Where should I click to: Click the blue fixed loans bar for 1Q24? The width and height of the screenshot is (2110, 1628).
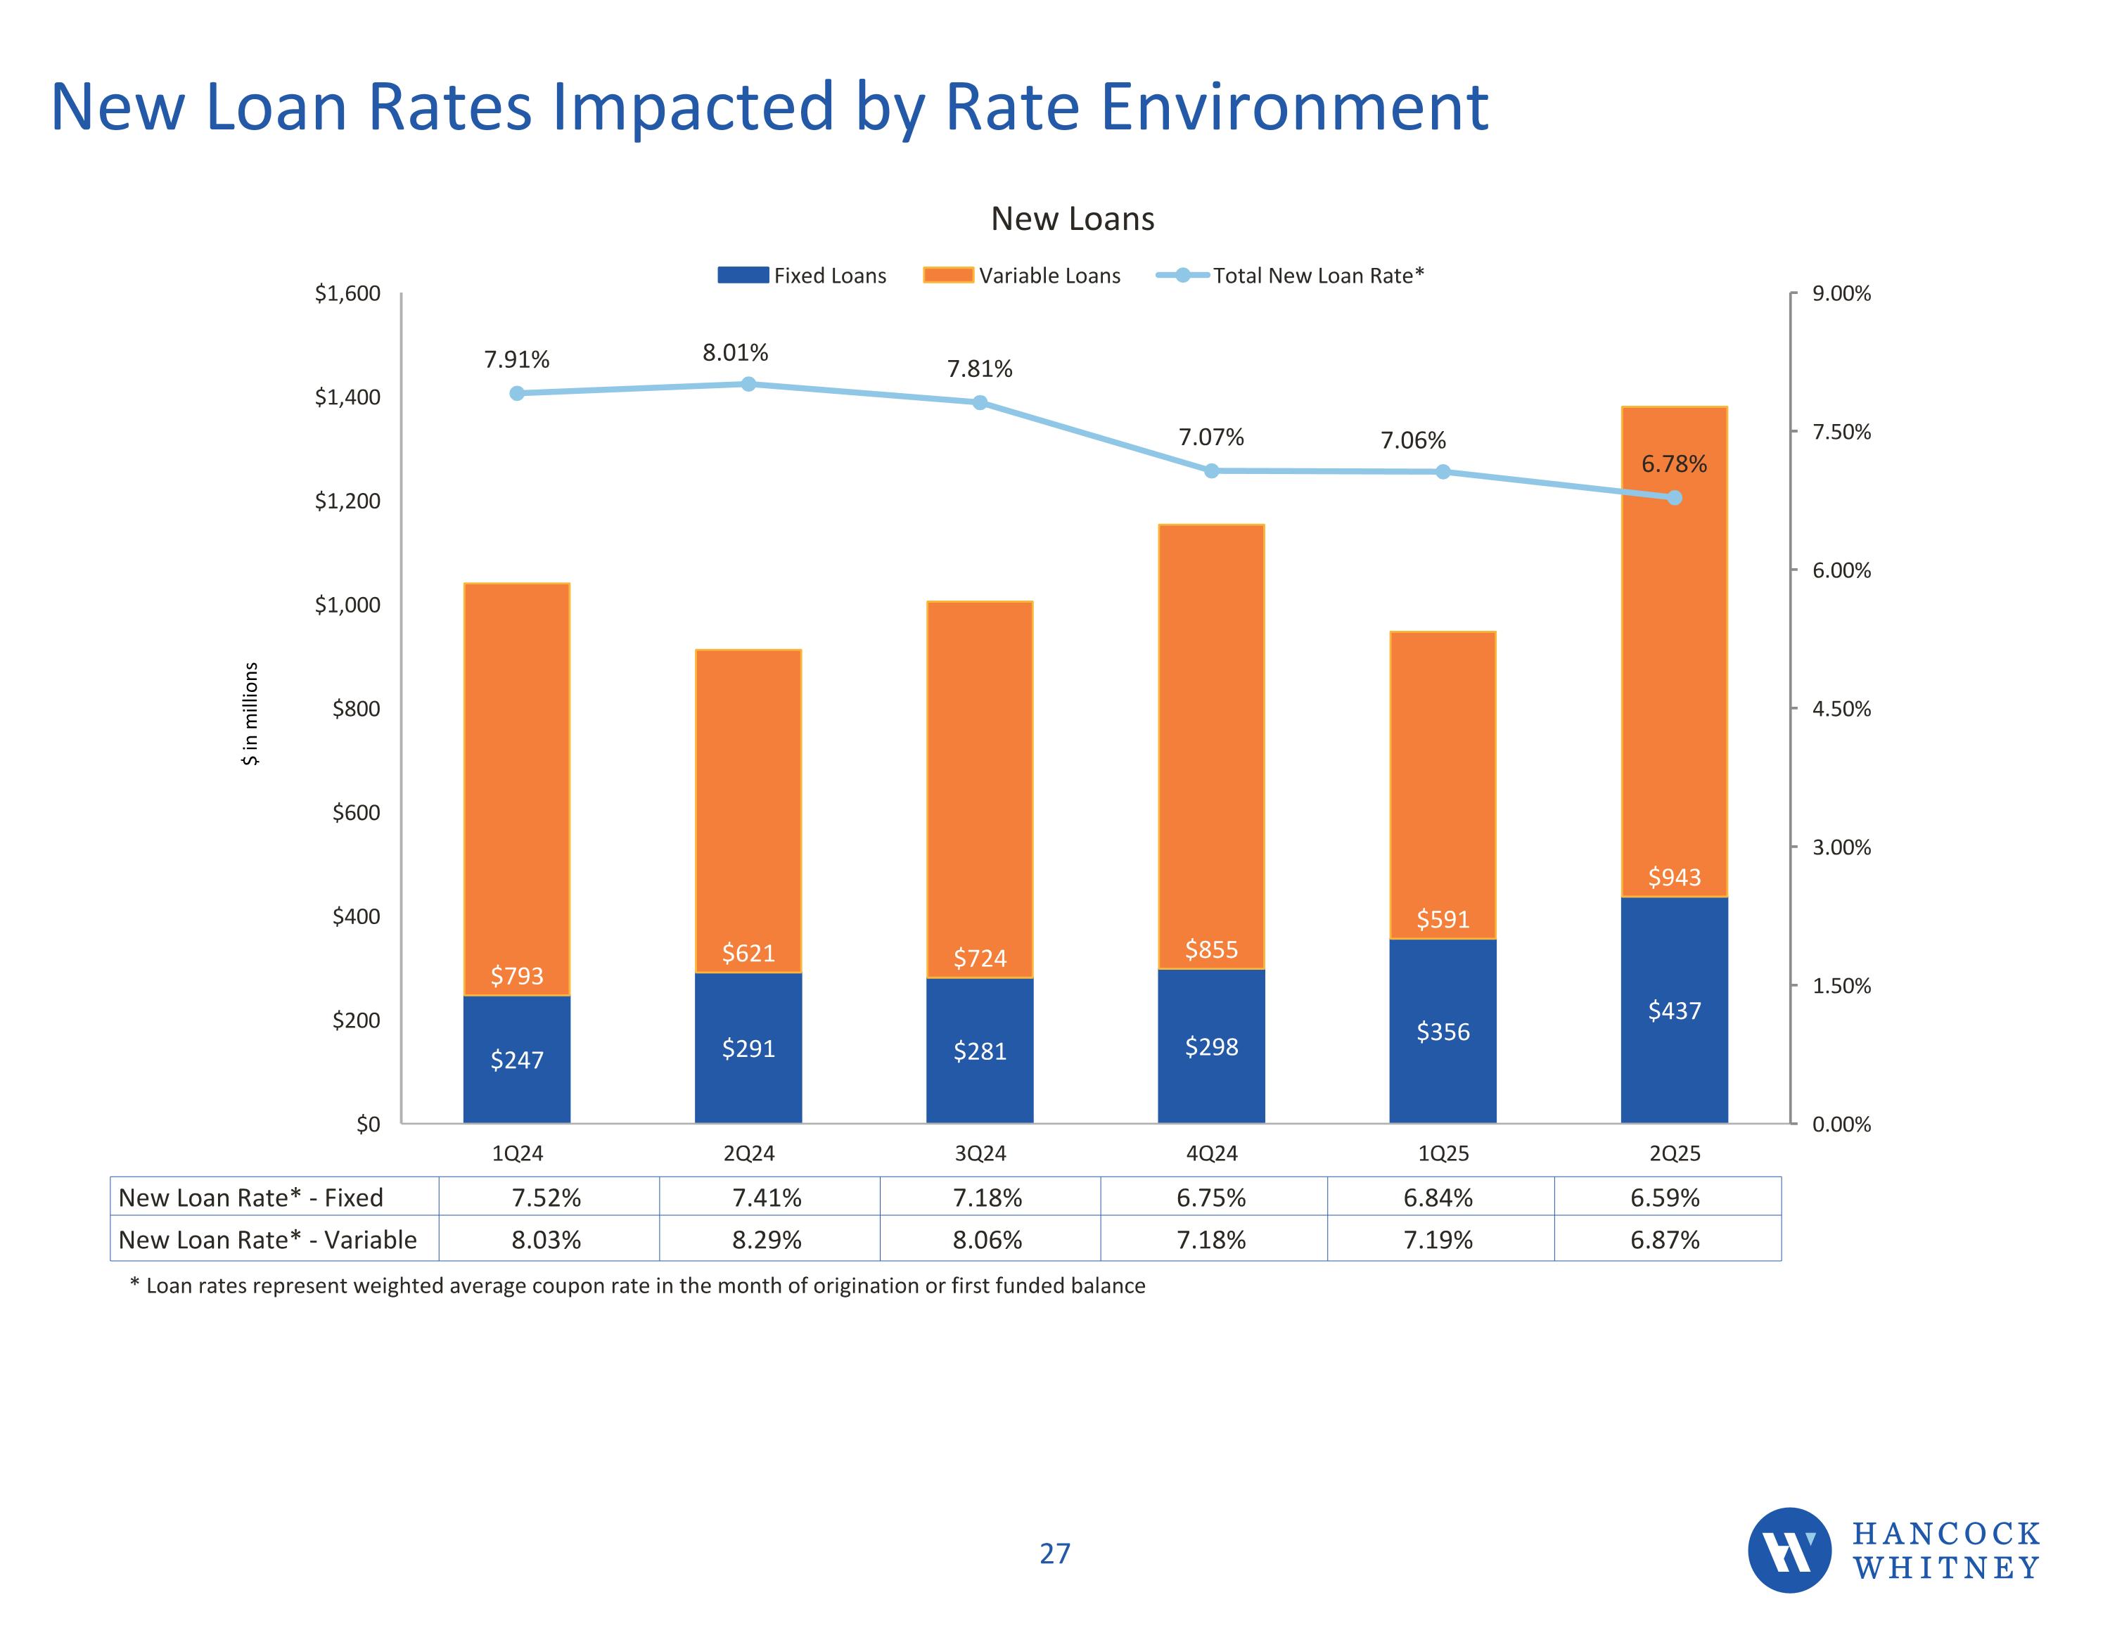(517, 1059)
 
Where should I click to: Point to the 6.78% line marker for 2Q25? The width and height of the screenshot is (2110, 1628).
(1674, 498)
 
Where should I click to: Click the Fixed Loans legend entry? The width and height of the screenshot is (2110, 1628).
(802, 276)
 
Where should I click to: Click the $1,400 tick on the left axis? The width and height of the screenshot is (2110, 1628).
(348, 397)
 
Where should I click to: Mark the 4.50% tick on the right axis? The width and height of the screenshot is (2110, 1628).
(1841, 709)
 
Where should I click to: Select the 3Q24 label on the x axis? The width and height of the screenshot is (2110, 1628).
(980, 1153)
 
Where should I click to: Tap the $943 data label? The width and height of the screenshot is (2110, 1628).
(1674, 877)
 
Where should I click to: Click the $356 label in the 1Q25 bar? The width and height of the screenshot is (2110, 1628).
(1443, 1032)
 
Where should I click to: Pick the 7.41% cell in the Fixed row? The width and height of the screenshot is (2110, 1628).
(767, 1198)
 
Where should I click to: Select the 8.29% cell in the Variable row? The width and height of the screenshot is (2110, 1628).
(767, 1240)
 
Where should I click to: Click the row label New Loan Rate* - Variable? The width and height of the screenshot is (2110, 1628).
(267, 1240)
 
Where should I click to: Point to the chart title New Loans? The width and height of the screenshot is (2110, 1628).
(1073, 219)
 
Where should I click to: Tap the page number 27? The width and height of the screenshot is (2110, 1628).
(1055, 1553)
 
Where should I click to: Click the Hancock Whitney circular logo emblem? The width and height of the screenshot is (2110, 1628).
(1789, 1551)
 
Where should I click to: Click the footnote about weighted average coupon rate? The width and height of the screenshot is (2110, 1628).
(638, 1286)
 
